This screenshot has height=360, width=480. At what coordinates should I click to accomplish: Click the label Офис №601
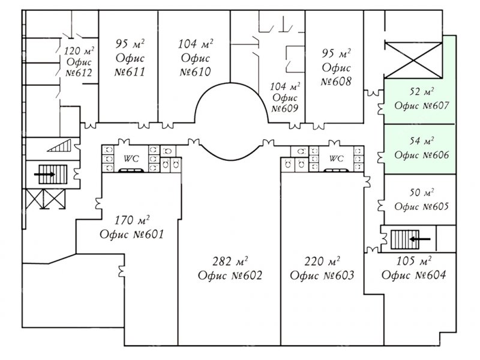coord(132,234)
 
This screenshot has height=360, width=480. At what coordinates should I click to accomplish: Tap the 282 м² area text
coord(230,261)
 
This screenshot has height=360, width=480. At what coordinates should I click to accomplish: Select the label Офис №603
coord(322,275)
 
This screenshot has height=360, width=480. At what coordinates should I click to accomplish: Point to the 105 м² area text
coord(414,261)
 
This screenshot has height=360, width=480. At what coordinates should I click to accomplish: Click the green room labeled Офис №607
coord(420,101)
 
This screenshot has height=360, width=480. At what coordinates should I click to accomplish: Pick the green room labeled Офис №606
coord(420,149)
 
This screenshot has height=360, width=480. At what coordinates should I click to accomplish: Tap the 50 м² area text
coord(422,193)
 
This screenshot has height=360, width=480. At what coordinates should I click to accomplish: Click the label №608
coord(336,82)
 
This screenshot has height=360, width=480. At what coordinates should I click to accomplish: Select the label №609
coord(284,109)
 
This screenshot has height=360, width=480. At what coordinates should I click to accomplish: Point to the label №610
coord(196,71)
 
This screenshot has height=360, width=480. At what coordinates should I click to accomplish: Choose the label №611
coord(130,72)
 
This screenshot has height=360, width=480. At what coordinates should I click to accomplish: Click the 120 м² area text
coord(79,50)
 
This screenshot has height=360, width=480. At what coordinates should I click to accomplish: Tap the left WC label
coord(131,158)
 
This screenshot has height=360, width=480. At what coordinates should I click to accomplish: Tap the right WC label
coord(337,158)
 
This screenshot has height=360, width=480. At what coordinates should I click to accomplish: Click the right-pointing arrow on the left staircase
coord(44,175)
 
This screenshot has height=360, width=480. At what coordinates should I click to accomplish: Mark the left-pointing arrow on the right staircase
coord(420,239)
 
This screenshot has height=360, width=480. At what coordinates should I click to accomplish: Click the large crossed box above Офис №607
coord(413,61)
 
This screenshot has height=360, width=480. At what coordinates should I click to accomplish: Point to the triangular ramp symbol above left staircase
coord(59,146)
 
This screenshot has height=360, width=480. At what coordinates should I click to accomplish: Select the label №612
coord(79,73)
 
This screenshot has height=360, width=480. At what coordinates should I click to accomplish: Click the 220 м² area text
coord(322,261)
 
